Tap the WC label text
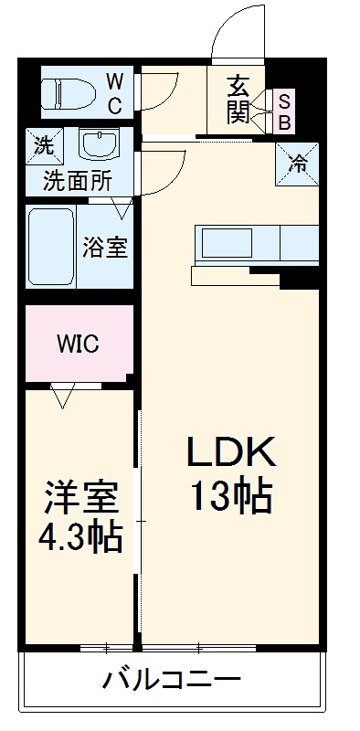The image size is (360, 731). [116, 92]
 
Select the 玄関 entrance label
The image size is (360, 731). [238, 100]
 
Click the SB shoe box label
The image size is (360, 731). [283, 110]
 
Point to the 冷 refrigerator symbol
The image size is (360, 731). [298, 164]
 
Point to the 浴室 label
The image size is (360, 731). [105, 247]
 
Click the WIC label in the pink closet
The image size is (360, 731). [79, 344]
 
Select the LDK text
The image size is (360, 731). [231, 451]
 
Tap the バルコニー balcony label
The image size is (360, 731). [172, 680]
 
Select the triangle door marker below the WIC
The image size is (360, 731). [62, 395]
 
